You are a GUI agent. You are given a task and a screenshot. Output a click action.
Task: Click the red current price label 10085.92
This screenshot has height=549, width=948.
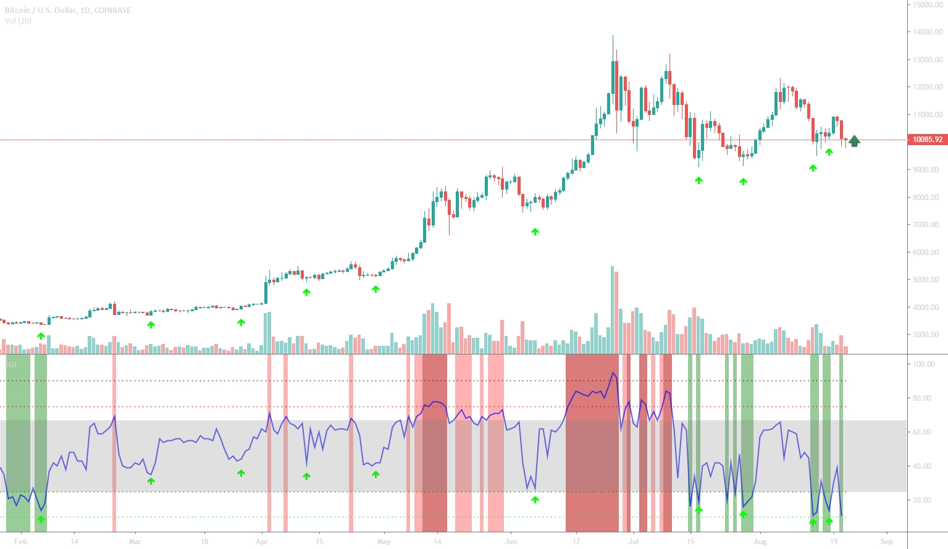[x=928, y=140]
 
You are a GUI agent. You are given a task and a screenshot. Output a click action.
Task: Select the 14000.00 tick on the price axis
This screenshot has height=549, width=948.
[x=928, y=32]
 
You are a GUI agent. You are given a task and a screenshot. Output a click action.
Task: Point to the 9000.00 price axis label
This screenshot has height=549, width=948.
[x=928, y=170]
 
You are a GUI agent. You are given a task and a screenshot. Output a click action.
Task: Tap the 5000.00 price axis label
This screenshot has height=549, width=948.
[x=928, y=280]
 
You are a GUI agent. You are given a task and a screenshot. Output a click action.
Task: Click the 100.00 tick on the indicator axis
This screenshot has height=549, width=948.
[x=924, y=364]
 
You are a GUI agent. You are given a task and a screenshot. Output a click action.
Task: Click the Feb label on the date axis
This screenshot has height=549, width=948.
[x=20, y=542]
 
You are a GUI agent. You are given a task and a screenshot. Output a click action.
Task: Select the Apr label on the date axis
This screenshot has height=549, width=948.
[x=262, y=542]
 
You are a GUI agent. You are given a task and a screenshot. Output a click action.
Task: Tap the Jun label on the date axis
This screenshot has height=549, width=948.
[x=510, y=542]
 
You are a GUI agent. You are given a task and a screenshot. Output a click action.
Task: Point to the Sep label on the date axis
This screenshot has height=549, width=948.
[x=887, y=542]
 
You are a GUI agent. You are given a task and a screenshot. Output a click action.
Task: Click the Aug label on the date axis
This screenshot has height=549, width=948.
[x=760, y=542]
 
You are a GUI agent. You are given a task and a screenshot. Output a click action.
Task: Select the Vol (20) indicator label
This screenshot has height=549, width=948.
[x=19, y=21]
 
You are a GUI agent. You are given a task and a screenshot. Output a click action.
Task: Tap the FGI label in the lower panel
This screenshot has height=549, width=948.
[x=10, y=365]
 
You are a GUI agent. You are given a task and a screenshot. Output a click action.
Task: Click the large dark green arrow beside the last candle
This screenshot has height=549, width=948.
[x=854, y=141]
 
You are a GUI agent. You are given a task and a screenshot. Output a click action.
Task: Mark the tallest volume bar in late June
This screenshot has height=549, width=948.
[x=612, y=309]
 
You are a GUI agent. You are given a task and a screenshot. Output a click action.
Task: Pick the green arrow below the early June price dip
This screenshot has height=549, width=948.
[x=535, y=232]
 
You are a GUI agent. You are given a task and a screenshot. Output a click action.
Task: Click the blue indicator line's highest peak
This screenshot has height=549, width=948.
[x=613, y=372]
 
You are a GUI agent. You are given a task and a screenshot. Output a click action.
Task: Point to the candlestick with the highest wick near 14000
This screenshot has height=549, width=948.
[x=613, y=62]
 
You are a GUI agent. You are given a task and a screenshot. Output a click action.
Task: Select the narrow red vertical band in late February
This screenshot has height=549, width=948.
[x=114, y=442]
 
